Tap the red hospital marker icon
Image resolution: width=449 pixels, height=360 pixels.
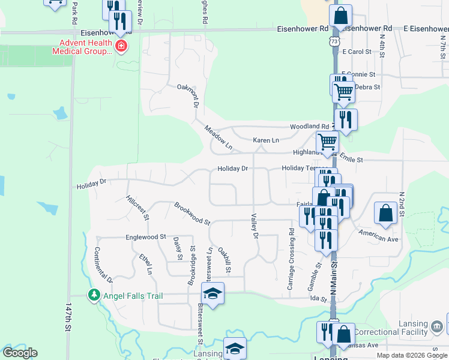pos(121,47)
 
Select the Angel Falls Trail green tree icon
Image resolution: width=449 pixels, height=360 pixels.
pos(94,295)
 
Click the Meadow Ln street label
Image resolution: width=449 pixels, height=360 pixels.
pos(218,137)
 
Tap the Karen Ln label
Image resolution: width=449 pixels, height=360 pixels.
pos(266,140)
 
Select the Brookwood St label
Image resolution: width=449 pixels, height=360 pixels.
pos(192,214)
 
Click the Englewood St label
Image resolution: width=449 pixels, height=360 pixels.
pos(145,237)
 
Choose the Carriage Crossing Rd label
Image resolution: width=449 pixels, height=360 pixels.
pos(291,259)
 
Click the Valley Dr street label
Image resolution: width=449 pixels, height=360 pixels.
pos(254,226)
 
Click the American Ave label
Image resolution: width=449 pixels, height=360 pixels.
pos(379,235)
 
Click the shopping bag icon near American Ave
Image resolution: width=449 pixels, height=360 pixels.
pos(385,212)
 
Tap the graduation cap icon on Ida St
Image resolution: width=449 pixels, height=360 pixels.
pos(212,293)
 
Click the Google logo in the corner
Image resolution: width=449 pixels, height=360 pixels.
pos(20,353)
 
